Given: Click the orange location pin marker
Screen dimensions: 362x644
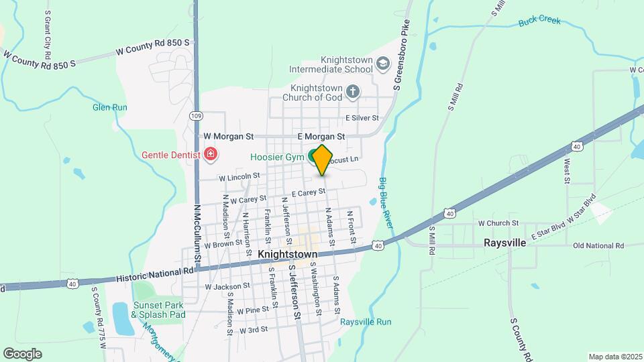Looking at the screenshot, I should click(x=323, y=160).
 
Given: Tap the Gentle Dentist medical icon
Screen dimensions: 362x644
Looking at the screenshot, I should click(x=211, y=155).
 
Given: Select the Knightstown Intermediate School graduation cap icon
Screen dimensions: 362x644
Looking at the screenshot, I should click(x=382, y=64).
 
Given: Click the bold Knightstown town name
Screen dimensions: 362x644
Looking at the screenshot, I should click(x=285, y=255).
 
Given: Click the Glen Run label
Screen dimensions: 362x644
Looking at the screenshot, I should click(x=109, y=107).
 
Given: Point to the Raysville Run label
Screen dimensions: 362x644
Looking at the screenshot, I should click(x=365, y=322).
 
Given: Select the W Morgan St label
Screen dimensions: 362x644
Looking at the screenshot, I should click(x=228, y=136).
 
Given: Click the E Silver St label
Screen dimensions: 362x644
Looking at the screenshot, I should click(x=362, y=118).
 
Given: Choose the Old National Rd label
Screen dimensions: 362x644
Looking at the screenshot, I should click(x=599, y=245).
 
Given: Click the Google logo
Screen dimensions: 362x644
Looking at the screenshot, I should click(x=22, y=354).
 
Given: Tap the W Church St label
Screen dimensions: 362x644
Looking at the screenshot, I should click(x=498, y=223).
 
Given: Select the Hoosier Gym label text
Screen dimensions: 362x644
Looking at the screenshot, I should click(x=278, y=158).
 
